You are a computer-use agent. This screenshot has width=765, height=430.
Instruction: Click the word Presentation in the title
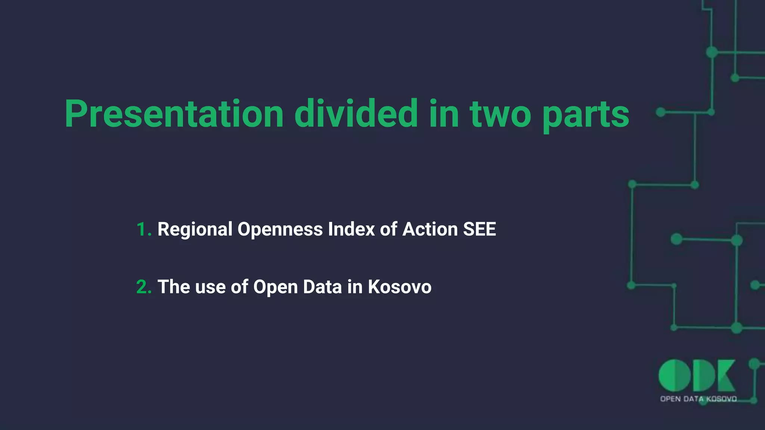pyautogui.click(x=174, y=114)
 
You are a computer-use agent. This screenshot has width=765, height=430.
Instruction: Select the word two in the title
pyautogui.click(x=500, y=114)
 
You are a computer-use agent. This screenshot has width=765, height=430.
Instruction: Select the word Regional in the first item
pyautogui.click(x=195, y=229)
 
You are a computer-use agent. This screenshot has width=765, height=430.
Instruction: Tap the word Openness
pyautogui.click(x=280, y=229)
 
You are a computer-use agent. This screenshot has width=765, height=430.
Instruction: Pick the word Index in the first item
pyautogui.click(x=351, y=229)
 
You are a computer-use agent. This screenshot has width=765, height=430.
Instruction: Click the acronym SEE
pyautogui.click(x=480, y=229)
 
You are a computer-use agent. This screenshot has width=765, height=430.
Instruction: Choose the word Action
pyautogui.click(x=430, y=229)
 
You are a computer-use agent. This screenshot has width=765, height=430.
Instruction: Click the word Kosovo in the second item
pyautogui.click(x=399, y=287)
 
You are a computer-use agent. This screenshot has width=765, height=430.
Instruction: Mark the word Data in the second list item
pyautogui.click(x=322, y=287)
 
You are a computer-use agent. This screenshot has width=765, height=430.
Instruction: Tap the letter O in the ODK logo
pyautogui.click(x=675, y=376)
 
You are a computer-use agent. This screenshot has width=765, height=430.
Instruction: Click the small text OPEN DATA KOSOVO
pyautogui.click(x=698, y=399)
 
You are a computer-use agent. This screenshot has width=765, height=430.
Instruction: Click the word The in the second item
pyautogui.click(x=174, y=287)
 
